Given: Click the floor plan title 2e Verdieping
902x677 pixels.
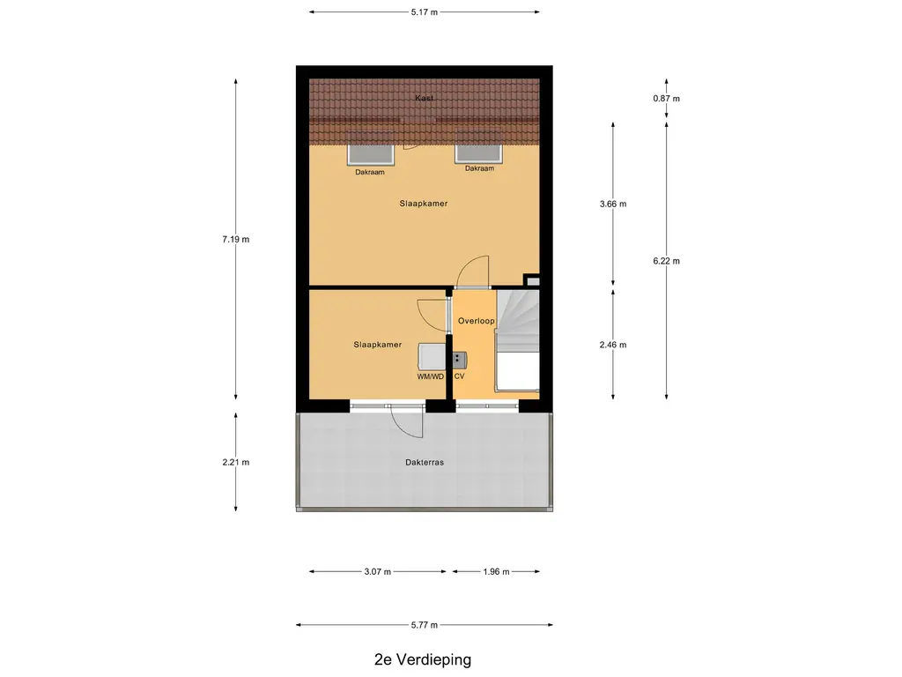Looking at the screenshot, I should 421,659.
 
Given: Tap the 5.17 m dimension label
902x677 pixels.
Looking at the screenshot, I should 425,11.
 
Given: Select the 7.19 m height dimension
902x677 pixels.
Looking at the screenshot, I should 235,239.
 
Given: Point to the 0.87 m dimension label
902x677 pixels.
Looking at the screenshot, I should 666,99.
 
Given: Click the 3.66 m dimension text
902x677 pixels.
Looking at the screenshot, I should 612,204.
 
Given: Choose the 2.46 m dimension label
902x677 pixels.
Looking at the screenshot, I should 612,345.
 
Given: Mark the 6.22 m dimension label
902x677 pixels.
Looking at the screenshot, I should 666,260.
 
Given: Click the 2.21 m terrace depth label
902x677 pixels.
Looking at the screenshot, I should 235,462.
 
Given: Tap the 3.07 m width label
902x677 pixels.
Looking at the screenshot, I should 378,571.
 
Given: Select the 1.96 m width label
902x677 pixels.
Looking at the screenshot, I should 497,571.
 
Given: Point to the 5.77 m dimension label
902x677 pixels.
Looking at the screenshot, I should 425,625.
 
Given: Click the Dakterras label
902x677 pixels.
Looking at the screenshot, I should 425,461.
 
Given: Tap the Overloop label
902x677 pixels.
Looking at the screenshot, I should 476,321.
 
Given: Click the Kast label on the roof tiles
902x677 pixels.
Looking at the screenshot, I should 425,99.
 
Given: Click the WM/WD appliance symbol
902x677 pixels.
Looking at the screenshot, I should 432,357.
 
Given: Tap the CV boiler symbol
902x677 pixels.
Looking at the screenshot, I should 459,359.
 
